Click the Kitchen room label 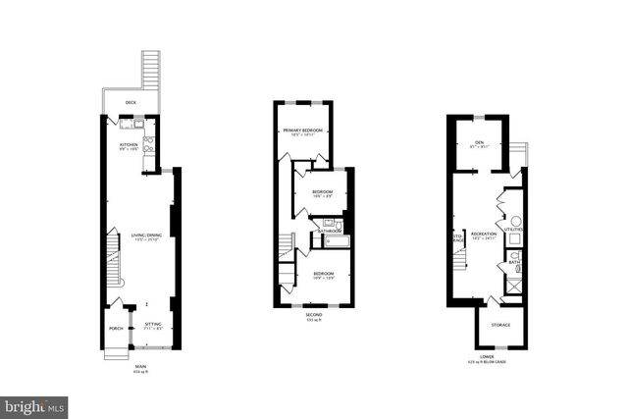pos(130,144)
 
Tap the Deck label pos(131,102)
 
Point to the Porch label pos(116,329)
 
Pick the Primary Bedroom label pos(303,131)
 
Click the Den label pos(480,143)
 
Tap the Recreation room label pos(484,234)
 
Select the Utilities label pos(514,229)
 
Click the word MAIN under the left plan pos(140,367)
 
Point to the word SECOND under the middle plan pos(313,314)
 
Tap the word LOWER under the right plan pos(487,357)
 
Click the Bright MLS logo pos(35,405)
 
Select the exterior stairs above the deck pos(150,70)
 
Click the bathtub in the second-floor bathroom pos(336,241)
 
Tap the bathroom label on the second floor pos(329,231)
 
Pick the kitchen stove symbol pos(149,143)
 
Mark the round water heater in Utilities pos(516,220)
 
